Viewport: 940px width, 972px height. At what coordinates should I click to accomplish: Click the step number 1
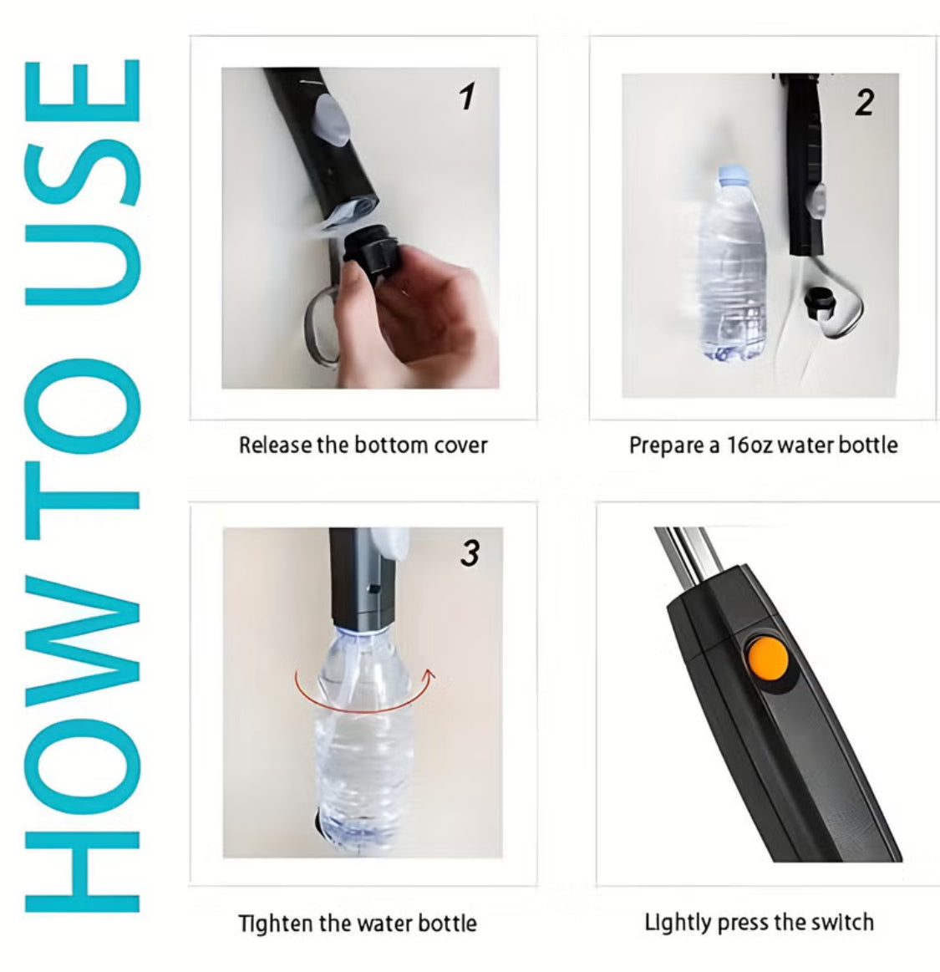(x=467, y=97)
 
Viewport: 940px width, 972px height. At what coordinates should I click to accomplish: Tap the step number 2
(x=865, y=103)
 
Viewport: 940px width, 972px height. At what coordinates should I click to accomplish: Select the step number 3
(x=470, y=553)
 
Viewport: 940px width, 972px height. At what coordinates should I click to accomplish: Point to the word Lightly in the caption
(x=678, y=924)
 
